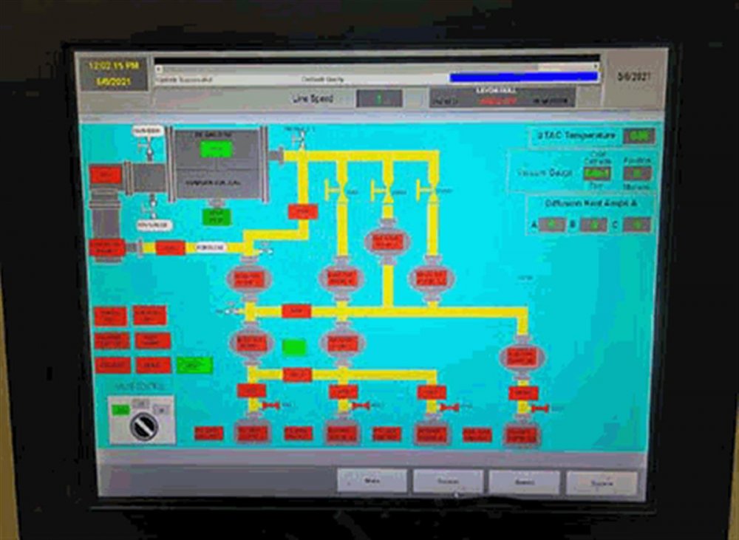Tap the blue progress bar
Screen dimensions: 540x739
click(524, 77)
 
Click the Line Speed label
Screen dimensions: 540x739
click(313, 98)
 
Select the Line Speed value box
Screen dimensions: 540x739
click(379, 98)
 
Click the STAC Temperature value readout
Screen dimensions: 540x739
click(638, 136)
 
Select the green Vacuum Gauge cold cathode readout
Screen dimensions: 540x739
click(596, 173)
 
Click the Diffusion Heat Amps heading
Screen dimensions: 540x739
click(590, 202)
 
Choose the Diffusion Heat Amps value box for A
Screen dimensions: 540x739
click(552, 224)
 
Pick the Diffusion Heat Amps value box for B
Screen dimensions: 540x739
click(593, 224)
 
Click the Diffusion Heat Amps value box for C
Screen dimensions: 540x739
click(636, 224)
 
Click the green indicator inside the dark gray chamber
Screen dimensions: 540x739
click(216, 149)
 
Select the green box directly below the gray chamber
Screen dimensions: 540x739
click(217, 216)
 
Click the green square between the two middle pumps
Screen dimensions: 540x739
click(294, 346)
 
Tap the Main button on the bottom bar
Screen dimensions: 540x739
click(372, 481)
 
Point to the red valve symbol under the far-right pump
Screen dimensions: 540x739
click(540, 408)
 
